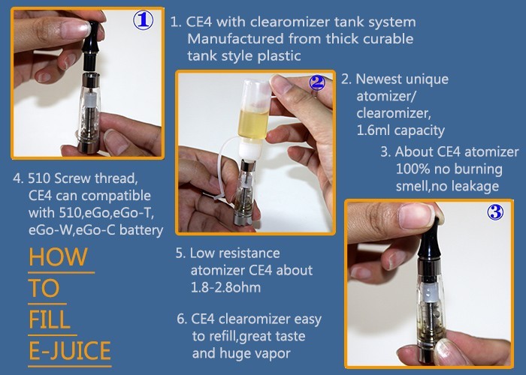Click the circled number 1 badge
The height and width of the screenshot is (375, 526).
click(x=144, y=20)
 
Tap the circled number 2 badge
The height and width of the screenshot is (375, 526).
click(x=316, y=82)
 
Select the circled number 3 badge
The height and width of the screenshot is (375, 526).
click(x=495, y=212)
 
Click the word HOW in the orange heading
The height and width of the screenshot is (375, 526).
click(x=58, y=256)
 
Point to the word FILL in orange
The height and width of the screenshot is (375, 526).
click(x=50, y=319)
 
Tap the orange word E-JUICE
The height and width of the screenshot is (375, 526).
click(x=70, y=350)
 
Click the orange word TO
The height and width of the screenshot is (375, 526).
click(x=44, y=288)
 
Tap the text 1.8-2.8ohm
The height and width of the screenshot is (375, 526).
click(x=225, y=287)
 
